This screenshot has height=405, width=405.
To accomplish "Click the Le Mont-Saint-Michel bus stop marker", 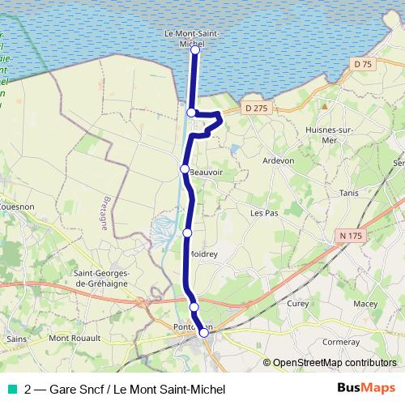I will coord(195,50).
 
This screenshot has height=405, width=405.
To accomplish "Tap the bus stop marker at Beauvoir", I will coord(185,168).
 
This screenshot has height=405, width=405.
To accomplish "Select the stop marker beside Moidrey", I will coord(187,232).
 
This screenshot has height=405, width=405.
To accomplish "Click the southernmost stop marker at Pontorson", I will coord(204,332).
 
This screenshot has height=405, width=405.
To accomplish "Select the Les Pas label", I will coord(264,214).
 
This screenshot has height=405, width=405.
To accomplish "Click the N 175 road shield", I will coord(346,235).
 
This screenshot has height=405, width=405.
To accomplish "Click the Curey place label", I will coord(297,303).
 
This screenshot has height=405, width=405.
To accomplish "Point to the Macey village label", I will coord(365,304).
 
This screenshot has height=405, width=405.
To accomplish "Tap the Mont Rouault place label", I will coord(75,338).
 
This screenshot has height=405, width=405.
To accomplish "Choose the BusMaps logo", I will coord(366,388).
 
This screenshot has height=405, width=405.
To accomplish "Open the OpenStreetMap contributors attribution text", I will coord(334,363).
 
